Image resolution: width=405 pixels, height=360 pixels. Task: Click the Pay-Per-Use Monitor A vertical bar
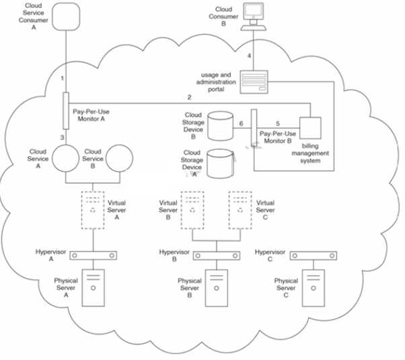67,110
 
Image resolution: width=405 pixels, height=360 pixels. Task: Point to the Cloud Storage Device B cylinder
221,125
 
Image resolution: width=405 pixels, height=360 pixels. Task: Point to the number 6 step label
241,123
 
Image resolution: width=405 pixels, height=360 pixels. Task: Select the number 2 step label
190,98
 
